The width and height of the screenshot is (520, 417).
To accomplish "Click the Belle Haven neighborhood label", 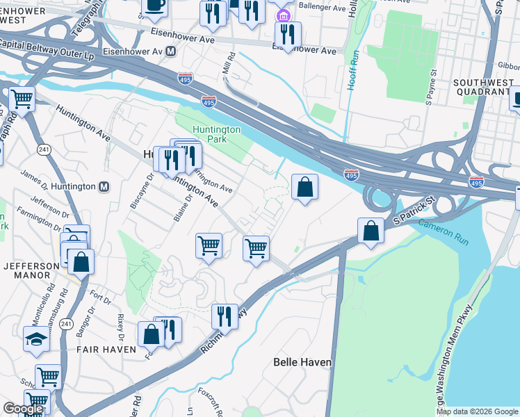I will (302, 362).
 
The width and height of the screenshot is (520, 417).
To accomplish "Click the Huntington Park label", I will (217, 134).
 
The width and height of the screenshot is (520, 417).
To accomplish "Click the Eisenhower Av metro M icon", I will (170, 51).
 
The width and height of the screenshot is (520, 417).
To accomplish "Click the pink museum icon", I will (282, 15).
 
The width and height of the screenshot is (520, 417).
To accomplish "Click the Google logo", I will (23, 409).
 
